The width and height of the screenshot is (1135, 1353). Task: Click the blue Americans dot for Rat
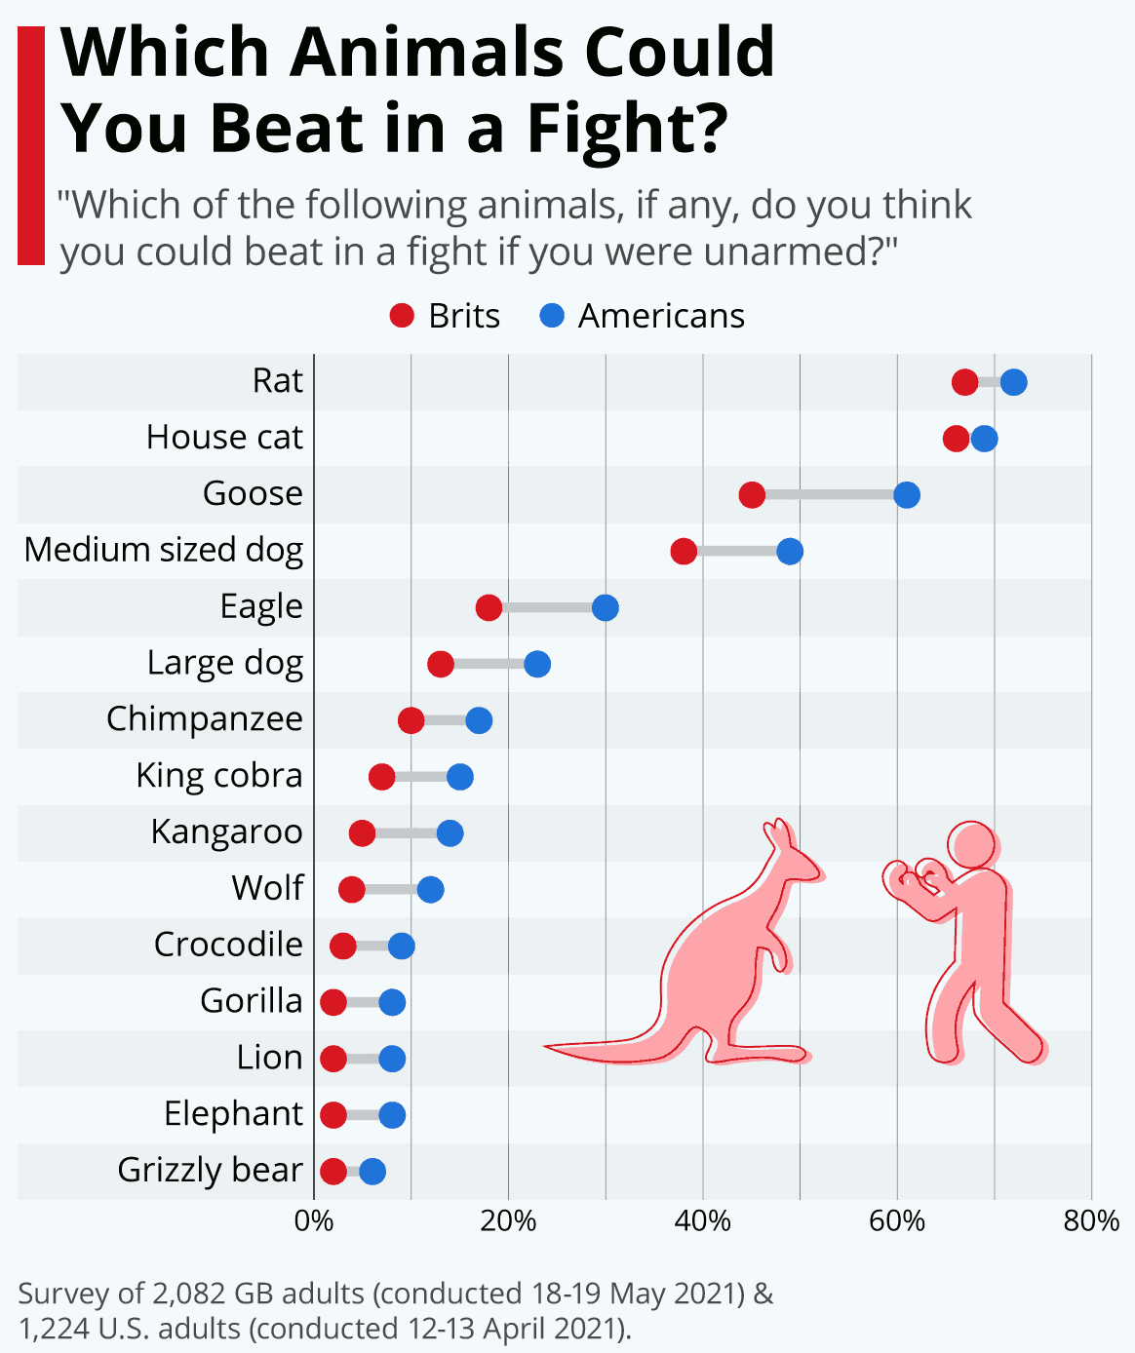click(x=1013, y=382)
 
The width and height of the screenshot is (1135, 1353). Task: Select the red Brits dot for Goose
click(x=752, y=495)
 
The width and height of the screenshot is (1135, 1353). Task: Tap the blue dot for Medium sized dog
click(x=790, y=552)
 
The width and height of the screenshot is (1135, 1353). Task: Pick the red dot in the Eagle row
click(x=489, y=608)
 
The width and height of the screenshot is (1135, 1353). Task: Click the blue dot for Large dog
click(x=537, y=665)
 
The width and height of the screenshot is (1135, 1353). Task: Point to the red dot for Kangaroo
click(x=362, y=833)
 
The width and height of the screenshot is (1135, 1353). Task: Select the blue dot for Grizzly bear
click(x=372, y=1172)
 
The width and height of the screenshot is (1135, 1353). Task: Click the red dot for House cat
click(x=957, y=439)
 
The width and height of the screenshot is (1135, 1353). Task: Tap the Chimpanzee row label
click(x=205, y=719)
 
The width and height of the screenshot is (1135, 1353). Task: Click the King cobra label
click(x=219, y=776)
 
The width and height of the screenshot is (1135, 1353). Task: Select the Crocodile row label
click(x=228, y=945)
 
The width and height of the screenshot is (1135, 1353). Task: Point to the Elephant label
click(x=233, y=1113)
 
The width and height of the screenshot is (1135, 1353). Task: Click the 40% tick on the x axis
click(x=703, y=1221)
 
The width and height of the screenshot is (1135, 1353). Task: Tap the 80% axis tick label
click(x=1091, y=1221)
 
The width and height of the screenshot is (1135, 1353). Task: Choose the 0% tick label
click(x=314, y=1221)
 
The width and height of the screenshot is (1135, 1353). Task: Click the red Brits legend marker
click(x=402, y=316)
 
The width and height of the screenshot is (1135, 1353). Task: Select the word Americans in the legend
click(x=661, y=316)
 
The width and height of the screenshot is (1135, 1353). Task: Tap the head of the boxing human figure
click(x=971, y=844)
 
